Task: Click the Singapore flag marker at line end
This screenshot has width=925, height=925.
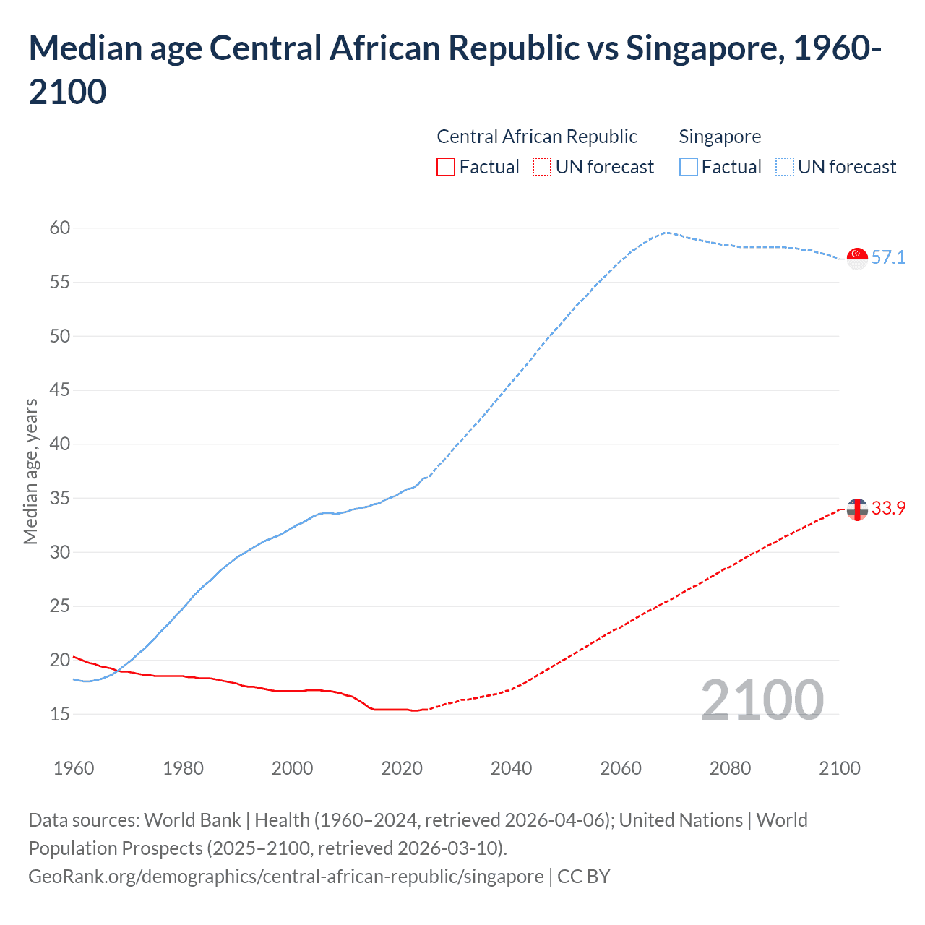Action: pos(856,258)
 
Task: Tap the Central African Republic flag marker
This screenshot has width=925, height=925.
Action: pos(856,509)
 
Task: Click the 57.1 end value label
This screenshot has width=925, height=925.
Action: pos(888,258)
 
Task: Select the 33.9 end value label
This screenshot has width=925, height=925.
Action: pos(888,509)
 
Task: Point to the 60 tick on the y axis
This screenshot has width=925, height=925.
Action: pos(60,228)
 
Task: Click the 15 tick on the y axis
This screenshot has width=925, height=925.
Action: pos(60,714)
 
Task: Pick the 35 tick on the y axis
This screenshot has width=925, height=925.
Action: pos(60,498)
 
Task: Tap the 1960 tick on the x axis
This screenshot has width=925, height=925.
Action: pos(74,768)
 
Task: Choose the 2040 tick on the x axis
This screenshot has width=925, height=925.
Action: pos(511,768)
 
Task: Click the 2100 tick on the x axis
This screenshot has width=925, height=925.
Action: pos(839,768)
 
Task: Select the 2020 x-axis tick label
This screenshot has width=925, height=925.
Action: pos(402,768)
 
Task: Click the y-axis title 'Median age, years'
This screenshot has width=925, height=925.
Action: pos(30,471)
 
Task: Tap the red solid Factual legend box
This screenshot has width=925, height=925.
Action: pos(446,167)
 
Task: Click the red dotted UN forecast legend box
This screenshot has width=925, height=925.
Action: pos(542,167)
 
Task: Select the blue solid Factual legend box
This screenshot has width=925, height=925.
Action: pos(689,167)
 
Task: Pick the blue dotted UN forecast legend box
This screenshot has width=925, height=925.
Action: pos(785,167)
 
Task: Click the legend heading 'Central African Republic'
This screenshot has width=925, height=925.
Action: pos(537,137)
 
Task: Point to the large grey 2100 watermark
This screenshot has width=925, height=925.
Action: pos(762,700)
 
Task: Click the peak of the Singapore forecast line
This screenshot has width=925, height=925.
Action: pos(666,233)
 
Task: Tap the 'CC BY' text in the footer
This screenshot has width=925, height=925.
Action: pos(584,877)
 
